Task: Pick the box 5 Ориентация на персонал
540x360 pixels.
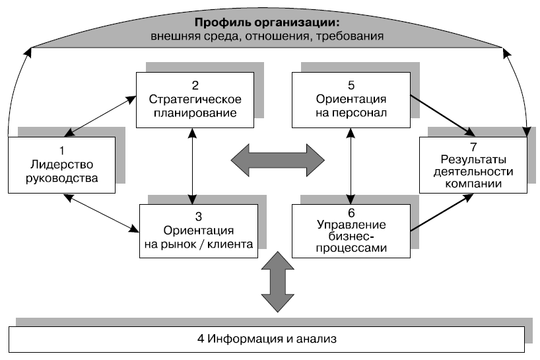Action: pyautogui.click(x=351, y=99)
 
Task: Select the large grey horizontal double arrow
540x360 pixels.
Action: pyautogui.click(x=278, y=159)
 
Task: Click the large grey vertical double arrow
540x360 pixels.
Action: pyautogui.click(x=277, y=283)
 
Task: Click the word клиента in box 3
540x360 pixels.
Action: pyautogui.click(x=230, y=244)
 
